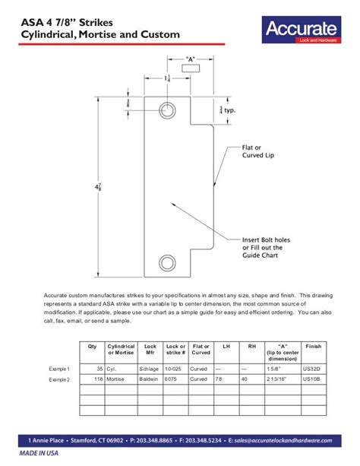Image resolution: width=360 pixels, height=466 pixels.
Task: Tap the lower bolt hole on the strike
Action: coord(166,263)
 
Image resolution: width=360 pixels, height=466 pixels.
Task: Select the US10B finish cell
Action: coord(312,379)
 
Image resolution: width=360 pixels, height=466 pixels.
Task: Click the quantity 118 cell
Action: coord(98,379)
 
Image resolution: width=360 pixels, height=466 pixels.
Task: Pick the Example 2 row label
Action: coord(59,379)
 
